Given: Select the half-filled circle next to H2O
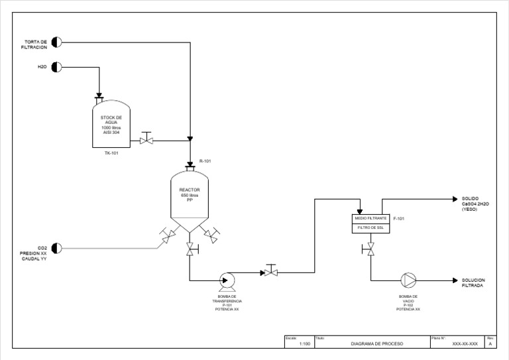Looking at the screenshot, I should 56,67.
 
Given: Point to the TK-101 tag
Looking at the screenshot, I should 111,153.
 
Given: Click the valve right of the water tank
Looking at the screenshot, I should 146,140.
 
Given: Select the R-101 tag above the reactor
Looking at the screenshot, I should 205,161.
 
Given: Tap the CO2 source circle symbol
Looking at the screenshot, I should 56,248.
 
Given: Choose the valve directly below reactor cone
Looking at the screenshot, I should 190,249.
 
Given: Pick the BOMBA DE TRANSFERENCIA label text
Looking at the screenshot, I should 227,300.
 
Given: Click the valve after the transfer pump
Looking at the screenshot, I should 270,272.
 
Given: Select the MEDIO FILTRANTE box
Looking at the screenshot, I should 370,218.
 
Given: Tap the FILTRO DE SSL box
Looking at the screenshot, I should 370,227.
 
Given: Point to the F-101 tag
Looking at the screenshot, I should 399,218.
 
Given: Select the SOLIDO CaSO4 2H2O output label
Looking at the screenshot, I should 475,204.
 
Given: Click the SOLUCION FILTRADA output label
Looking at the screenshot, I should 475,282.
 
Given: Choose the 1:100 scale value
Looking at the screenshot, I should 305,344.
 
